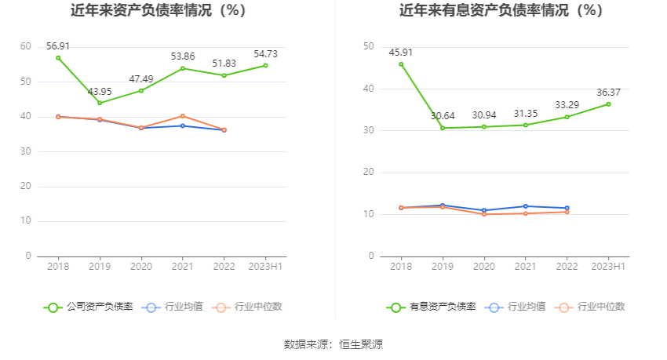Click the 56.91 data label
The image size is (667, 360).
(58, 46)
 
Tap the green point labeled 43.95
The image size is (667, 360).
(100, 103)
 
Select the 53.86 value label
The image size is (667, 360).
(183, 56)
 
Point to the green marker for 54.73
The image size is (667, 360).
(266, 65)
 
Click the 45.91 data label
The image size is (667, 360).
(401, 53)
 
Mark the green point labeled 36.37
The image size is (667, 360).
(608, 104)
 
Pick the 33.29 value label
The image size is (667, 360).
(567, 104)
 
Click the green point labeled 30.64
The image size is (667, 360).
(443, 128)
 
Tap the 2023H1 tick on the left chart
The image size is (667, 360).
(266, 267)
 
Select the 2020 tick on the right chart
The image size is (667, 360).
(484, 267)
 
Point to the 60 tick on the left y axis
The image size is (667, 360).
(26, 47)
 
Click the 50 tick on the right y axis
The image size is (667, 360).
(368, 47)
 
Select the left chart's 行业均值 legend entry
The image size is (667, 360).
(172, 307)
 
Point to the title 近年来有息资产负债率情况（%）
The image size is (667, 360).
(501, 11)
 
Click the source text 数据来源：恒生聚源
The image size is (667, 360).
(333, 344)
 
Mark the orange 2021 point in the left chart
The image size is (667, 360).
(183, 116)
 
